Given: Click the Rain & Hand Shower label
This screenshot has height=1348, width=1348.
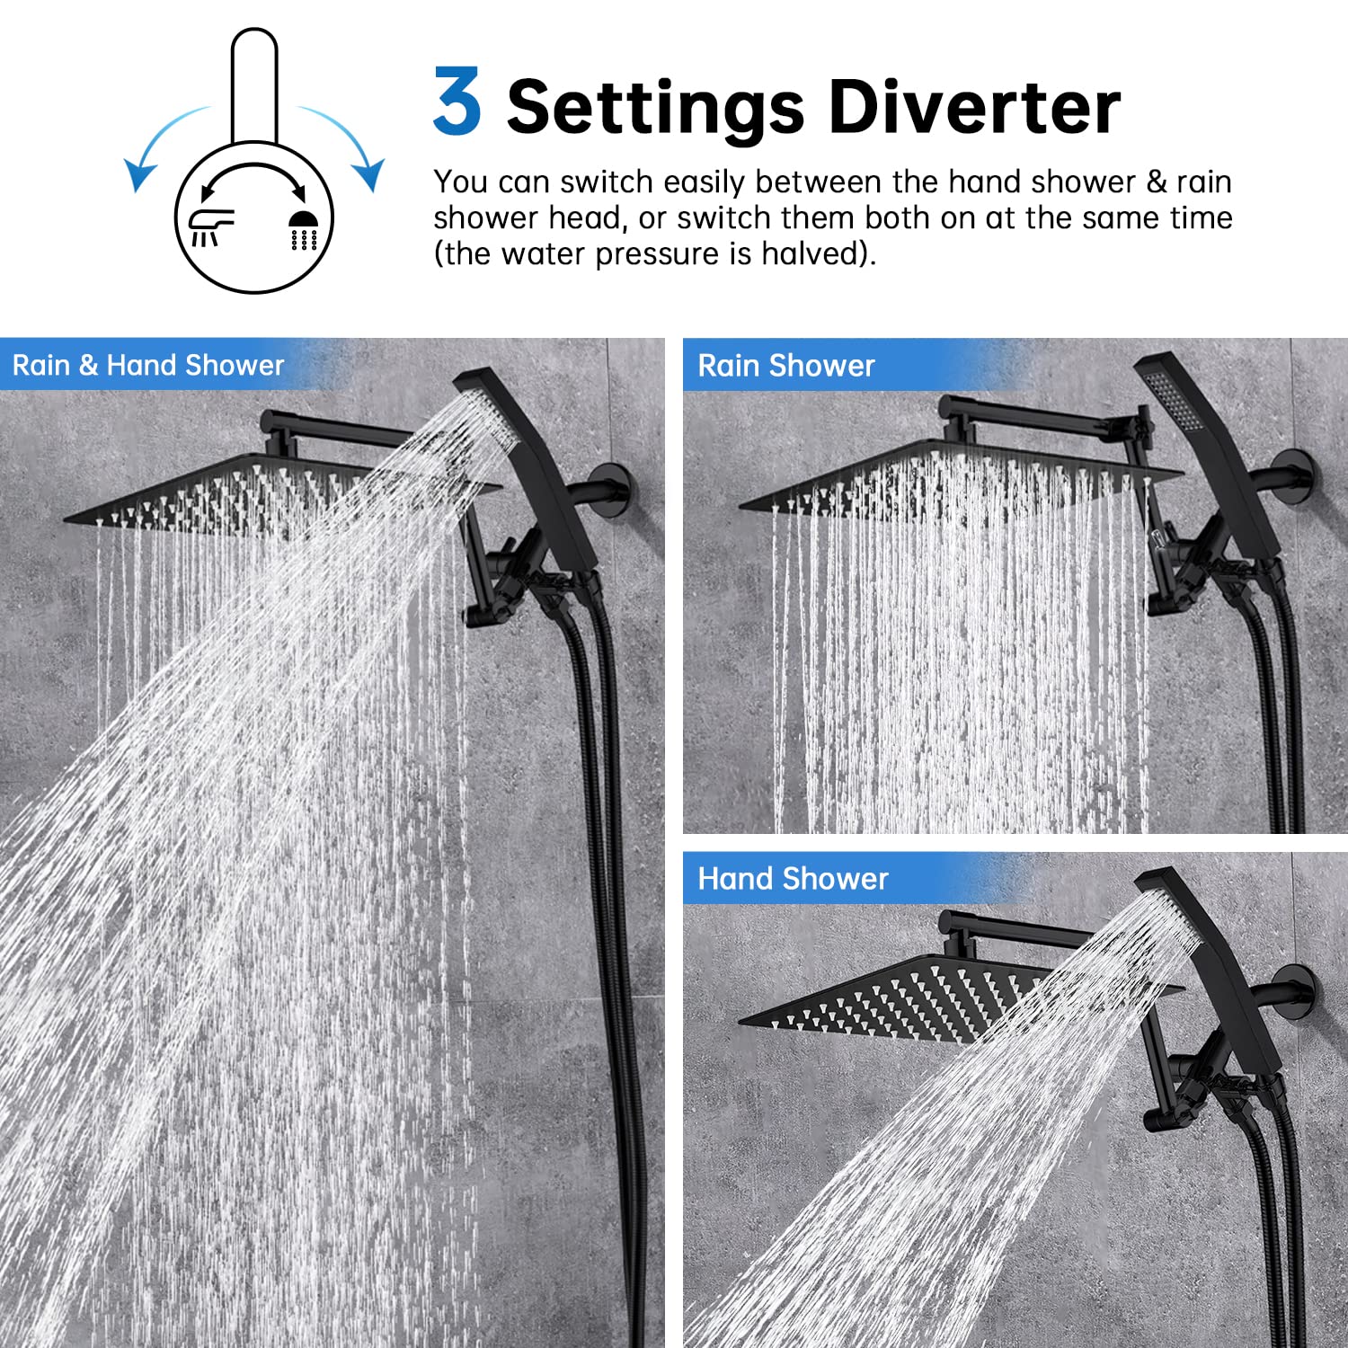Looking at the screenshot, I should click(x=148, y=365).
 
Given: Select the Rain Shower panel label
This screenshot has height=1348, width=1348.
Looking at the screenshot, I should click(x=785, y=366).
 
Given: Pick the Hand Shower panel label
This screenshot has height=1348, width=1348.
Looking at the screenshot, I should click(x=793, y=878).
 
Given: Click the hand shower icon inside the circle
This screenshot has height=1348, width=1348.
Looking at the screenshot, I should click(x=210, y=226).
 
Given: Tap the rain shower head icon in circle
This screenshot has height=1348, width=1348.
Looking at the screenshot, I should click(x=304, y=230).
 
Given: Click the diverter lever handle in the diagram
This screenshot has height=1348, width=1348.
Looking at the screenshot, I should click(x=253, y=85).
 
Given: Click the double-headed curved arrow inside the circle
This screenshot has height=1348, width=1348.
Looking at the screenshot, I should click(x=253, y=175).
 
